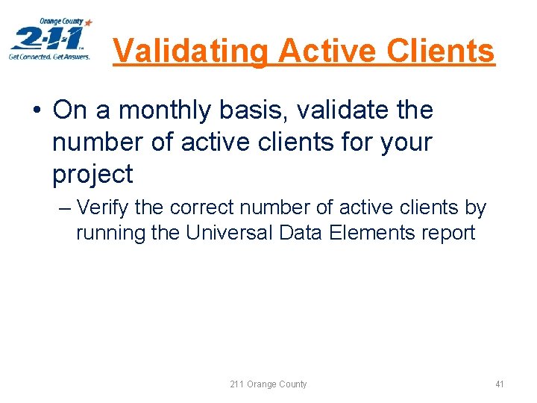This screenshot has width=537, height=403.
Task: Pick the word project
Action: point(92,175)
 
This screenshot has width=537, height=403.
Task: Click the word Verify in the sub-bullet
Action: point(103,207)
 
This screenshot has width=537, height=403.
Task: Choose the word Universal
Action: point(230,233)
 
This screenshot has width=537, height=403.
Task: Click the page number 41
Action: point(500,384)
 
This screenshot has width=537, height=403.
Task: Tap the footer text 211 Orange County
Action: point(268,384)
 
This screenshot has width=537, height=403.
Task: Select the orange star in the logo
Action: point(89,23)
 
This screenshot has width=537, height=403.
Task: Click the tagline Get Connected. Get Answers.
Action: point(49,56)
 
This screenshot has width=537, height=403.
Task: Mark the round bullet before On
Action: point(37,111)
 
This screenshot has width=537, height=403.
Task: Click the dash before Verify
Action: point(64,207)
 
